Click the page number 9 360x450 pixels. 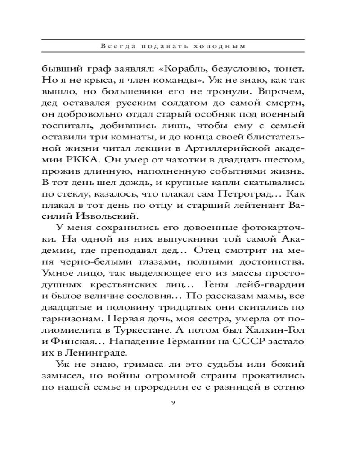click(173, 402)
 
